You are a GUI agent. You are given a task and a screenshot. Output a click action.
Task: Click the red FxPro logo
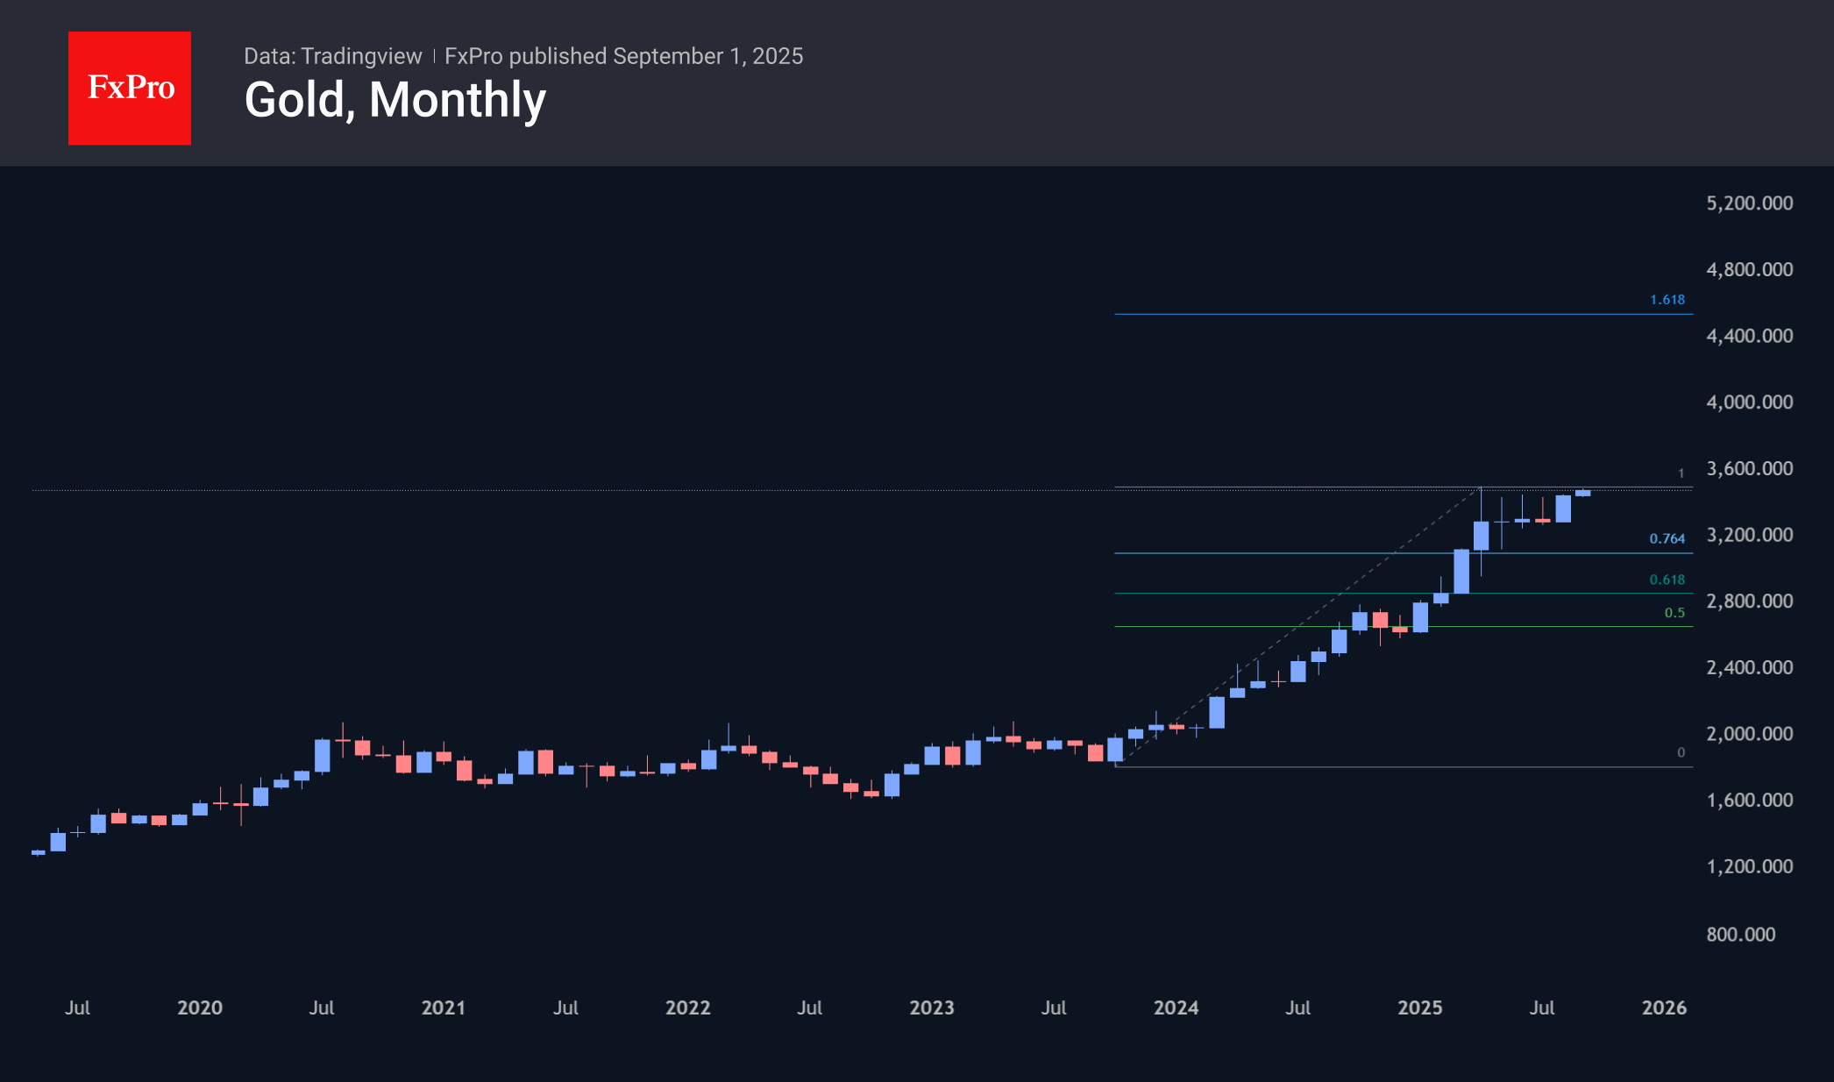[130, 88]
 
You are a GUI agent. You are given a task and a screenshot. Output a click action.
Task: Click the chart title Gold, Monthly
[395, 100]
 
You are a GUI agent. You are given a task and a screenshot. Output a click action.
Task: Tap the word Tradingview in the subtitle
[361, 56]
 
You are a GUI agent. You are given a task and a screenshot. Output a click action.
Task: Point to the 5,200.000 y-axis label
[1749, 203]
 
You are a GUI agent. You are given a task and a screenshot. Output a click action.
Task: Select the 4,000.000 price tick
[1749, 402]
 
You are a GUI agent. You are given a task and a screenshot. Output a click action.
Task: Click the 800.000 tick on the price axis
[1740, 935]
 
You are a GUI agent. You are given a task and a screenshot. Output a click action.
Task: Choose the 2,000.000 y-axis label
[1749, 734]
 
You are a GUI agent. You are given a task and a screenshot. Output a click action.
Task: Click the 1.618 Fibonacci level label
[1667, 300]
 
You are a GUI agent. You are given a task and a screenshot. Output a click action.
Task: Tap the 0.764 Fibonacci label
[1667, 538]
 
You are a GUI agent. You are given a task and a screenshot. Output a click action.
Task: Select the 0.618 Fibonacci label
[1667, 580]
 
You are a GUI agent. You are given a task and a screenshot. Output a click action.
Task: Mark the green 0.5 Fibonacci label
[1674, 613]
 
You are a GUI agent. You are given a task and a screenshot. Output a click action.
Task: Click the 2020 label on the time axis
[200, 1007]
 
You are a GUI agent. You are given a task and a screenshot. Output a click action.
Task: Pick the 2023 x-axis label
[931, 1007]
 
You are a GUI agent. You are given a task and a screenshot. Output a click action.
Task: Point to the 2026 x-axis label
[1664, 1007]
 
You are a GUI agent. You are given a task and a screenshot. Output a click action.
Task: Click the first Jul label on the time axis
[77, 1007]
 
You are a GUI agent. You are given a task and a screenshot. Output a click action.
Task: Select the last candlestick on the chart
[1582, 493]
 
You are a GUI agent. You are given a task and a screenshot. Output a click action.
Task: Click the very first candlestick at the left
[38, 852]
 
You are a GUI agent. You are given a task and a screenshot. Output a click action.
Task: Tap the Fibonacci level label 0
[1681, 752]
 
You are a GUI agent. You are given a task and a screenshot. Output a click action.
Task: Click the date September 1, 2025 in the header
[707, 56]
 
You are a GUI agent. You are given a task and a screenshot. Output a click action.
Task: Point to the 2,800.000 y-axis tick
[1749, 602]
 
